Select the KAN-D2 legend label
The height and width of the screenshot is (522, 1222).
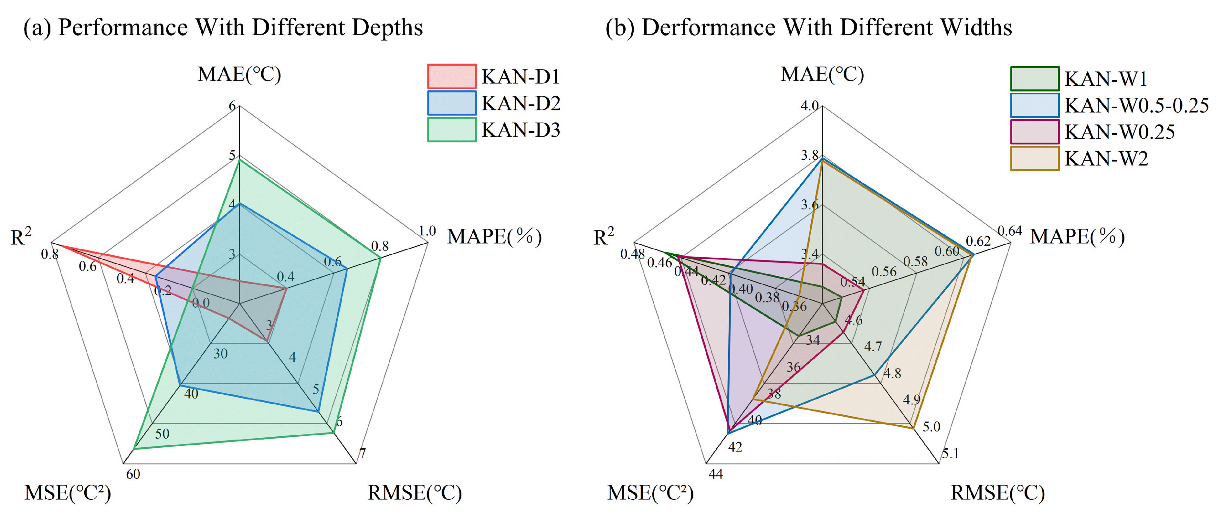(x=521, y=103)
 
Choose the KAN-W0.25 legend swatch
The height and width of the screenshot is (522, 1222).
(x=1034, y=132)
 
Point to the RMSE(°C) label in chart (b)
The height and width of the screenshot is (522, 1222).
(x=998, y=493)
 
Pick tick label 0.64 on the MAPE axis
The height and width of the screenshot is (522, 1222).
(x=1009, y=231)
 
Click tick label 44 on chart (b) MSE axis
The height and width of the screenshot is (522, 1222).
(x=715, y=474)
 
